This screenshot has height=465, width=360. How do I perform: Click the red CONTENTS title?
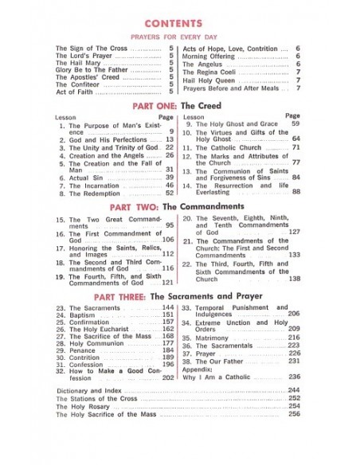(179, 24)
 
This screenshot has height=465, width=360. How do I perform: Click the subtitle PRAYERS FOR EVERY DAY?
(179, 37)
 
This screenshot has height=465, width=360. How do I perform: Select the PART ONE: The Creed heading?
(179, 104)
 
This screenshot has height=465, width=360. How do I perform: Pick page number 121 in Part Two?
(167, 283)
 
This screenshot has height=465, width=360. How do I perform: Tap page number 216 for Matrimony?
(294, 338)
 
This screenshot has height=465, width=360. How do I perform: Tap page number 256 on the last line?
(294, 414)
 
